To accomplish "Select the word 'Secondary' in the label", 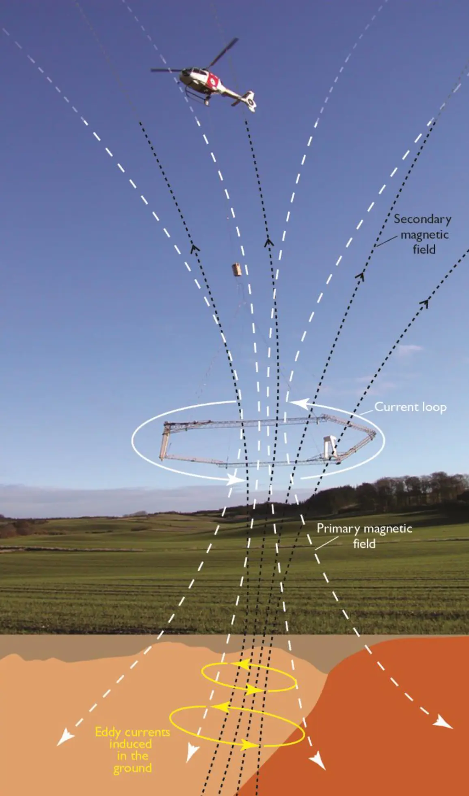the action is (x=422, y=220).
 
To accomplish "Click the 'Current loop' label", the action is (x=410, y=407).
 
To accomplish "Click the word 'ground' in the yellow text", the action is (x=132, y=768).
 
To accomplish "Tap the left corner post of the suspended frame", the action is (x=164, y=442).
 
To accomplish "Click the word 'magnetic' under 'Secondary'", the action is (x=424, y=235).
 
